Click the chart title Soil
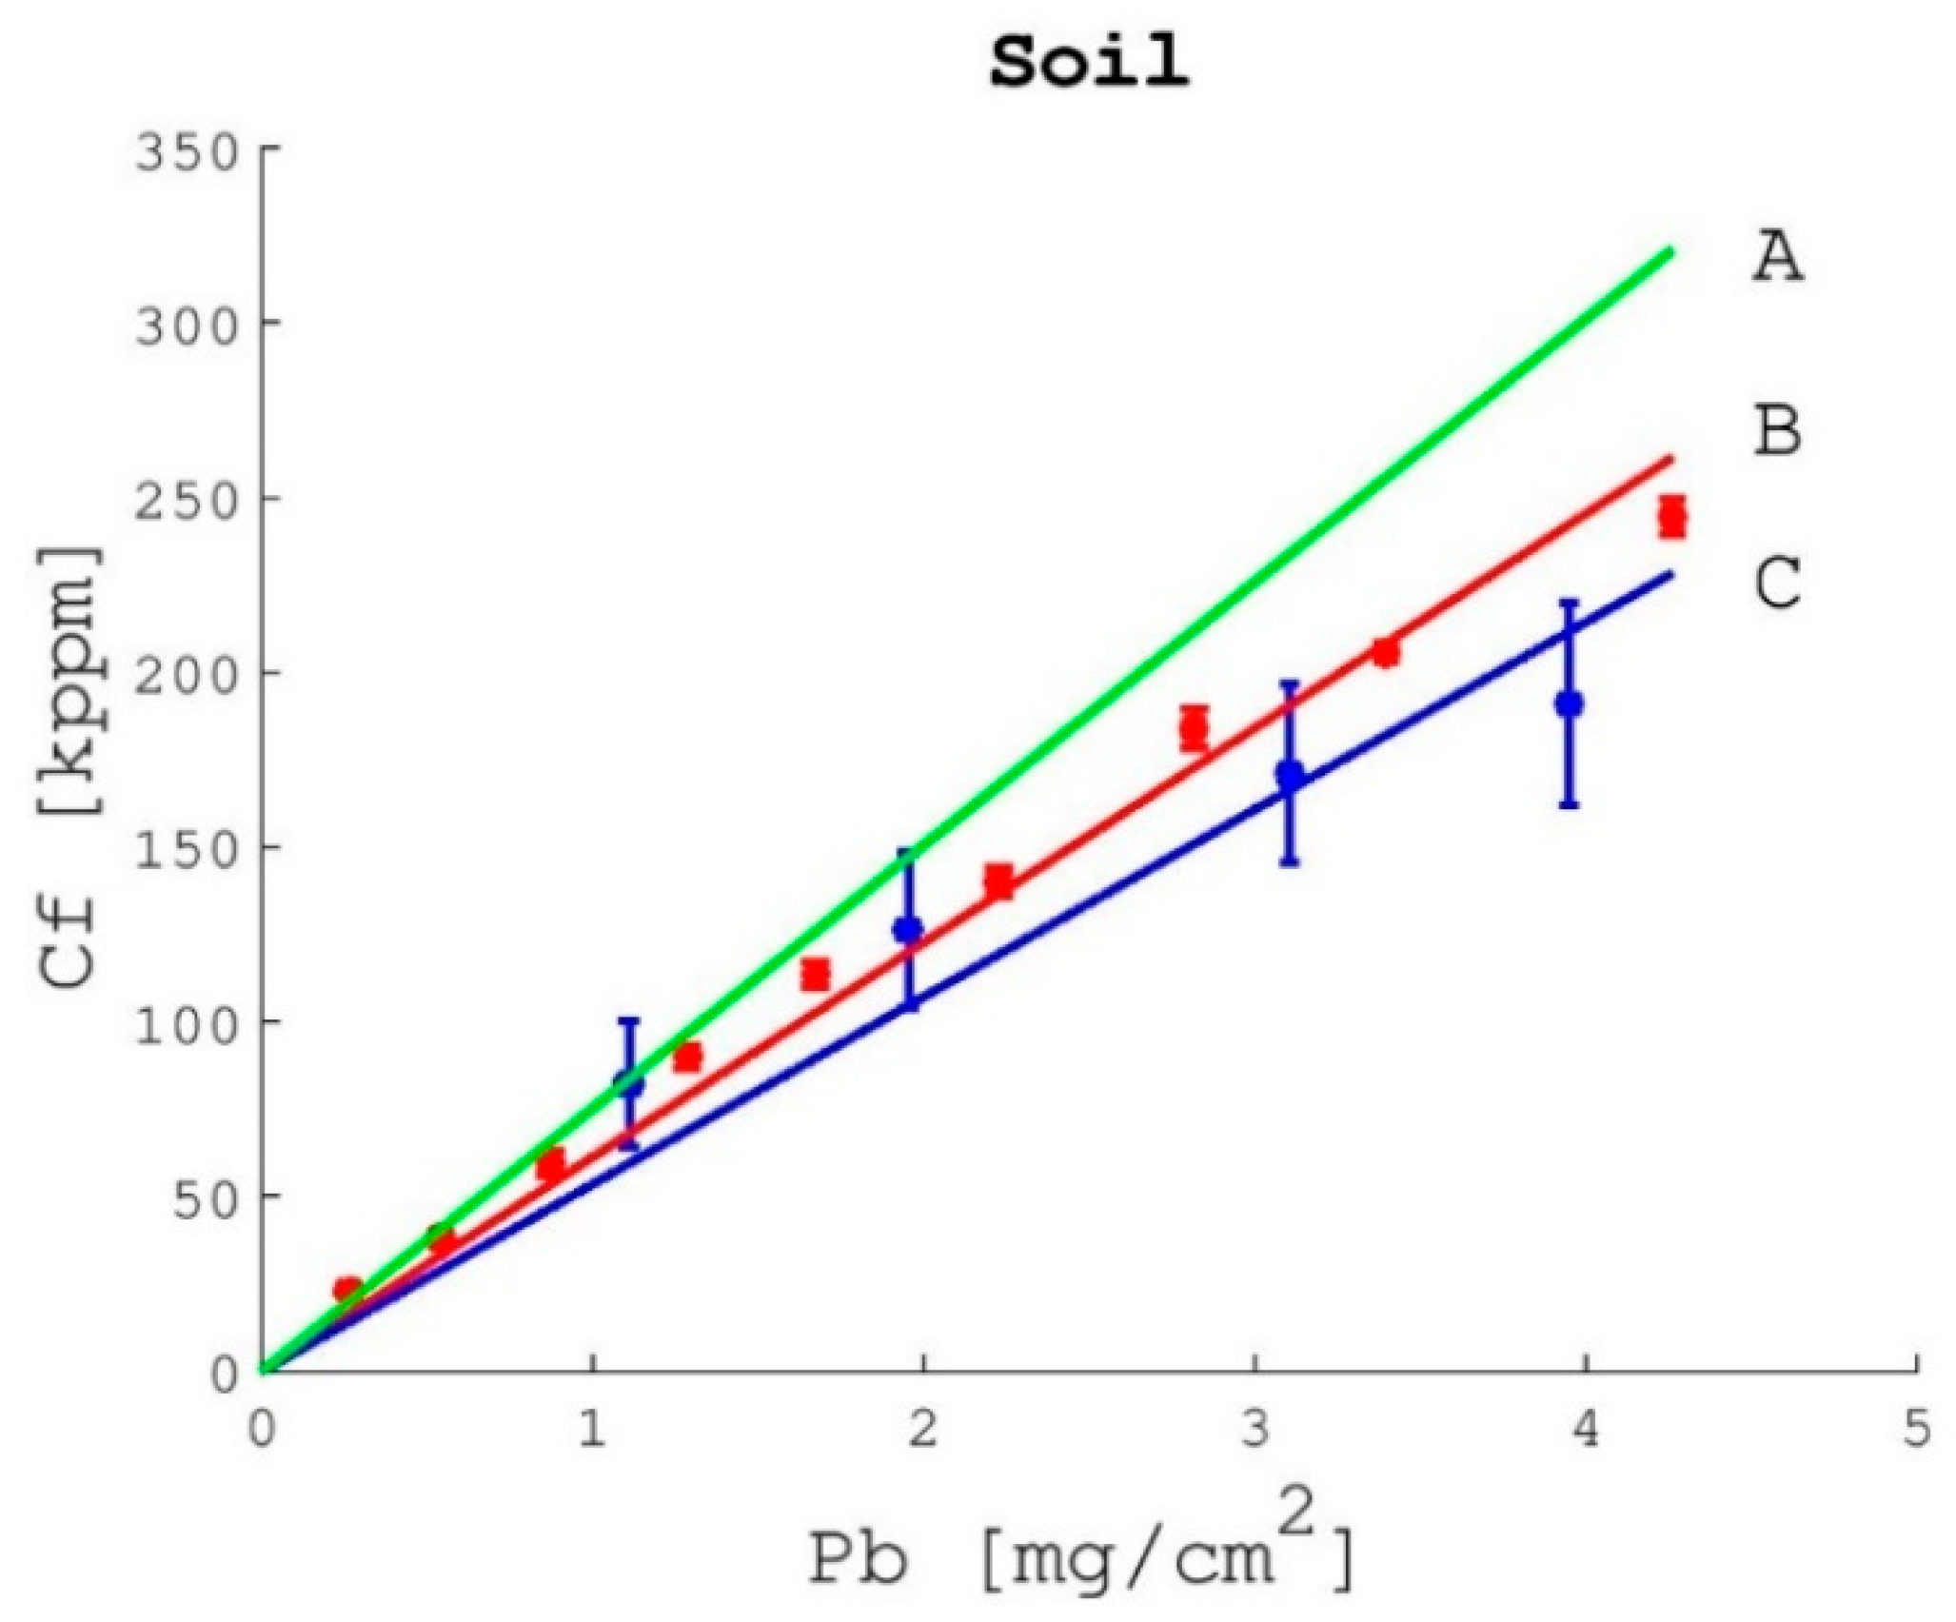point(1089,63)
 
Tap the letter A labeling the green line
point(1777,259)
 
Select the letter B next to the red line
point(1777,431)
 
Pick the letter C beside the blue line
point(1777,584)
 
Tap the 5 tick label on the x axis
point(1915,1431)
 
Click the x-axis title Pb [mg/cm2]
point(1079,1555)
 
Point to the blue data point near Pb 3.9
point(1569,704)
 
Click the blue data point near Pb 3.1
point(1290,775)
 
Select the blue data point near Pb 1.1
point(628,1081)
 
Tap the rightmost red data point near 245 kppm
point(1672,518)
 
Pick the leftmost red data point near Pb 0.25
point(346,1290)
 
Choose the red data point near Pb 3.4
point(1386,653)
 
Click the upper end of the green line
point(1670,251)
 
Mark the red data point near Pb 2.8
point(1194,729)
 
